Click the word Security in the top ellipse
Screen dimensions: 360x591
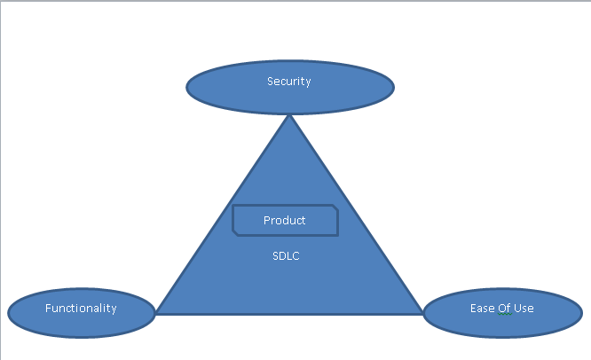289,82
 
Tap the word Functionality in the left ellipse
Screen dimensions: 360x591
81,309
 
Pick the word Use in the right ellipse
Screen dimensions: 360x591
523,309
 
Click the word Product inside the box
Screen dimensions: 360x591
284,220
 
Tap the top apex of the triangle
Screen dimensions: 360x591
289,116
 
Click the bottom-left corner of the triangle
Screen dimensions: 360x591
156,313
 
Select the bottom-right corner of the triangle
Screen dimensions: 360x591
423,313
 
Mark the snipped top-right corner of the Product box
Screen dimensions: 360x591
335,207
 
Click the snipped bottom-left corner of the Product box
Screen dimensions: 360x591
235,232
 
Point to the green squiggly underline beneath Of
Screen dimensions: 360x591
504,315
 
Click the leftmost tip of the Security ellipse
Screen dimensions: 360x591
187,87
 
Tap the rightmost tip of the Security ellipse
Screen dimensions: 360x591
393,87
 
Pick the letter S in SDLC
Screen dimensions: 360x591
275,255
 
